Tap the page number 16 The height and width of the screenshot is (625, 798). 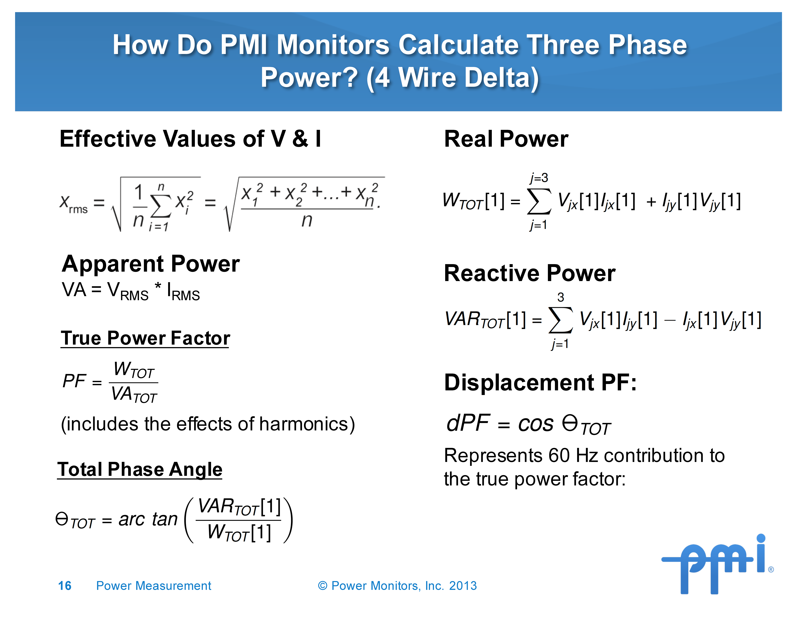point(65,586)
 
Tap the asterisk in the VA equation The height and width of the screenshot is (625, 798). point(158,286)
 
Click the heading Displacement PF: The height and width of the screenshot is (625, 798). point(540,383)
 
